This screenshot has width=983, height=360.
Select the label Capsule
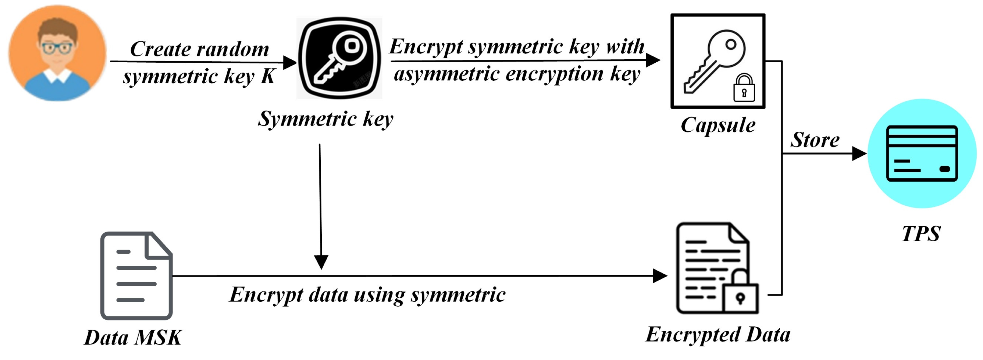coord(718,125)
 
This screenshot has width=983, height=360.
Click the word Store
coord(815,140)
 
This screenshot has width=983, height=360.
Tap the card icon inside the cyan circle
coord(922,153)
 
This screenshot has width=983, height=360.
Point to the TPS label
coord(921,233)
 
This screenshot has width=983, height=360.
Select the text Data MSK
coord(133,337)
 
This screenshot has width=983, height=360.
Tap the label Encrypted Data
coord(718,335)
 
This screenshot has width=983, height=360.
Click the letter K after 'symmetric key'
coord(268,76)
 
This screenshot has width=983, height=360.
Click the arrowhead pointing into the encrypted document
coord(659,276)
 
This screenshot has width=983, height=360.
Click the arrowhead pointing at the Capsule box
coord(653,60)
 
